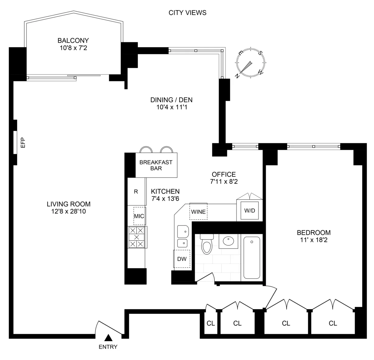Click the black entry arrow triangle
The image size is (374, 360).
pyautogui.click(x=108, y=338)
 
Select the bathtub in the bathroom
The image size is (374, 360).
pyautogui.click(x=252, y=257)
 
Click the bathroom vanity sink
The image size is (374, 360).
pyautogui.click(x=229, y=241)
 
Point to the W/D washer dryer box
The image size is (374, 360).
pyautogui.click(x=249, y=211)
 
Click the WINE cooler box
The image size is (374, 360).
pyautogui.click(x=198, y=212)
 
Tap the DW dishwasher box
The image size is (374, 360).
pyautogui.click(x=182, y=259)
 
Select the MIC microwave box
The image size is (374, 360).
pyautogui.click(x=139, y=216)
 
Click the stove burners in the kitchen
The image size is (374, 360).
pyautogui.click(x=137, y=237)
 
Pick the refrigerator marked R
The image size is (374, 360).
pyautogui.click(x=136, y=192)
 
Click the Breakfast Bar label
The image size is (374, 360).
pyautogui.click(x=156, y=165)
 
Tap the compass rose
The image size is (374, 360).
pyautogui.click(x=251, y=63)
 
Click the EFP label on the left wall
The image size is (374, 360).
pyautogui.click(x=22, y=142)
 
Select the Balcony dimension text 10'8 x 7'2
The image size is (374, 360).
pyautogui.click(x=73, y=48)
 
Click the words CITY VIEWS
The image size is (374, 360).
pyautogui.click(x=187, y=13)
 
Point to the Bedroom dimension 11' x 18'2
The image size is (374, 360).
pyautogui.click(x=314, y=240)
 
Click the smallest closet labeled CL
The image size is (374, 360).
pyautogui.click(x=211, y=323)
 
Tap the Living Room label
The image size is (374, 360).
pyautogui.click(x=69, y=204)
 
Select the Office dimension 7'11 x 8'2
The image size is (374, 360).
pyautogui.click(x=223, y=182)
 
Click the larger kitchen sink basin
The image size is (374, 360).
pyautogui.click(x=183, y=231)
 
